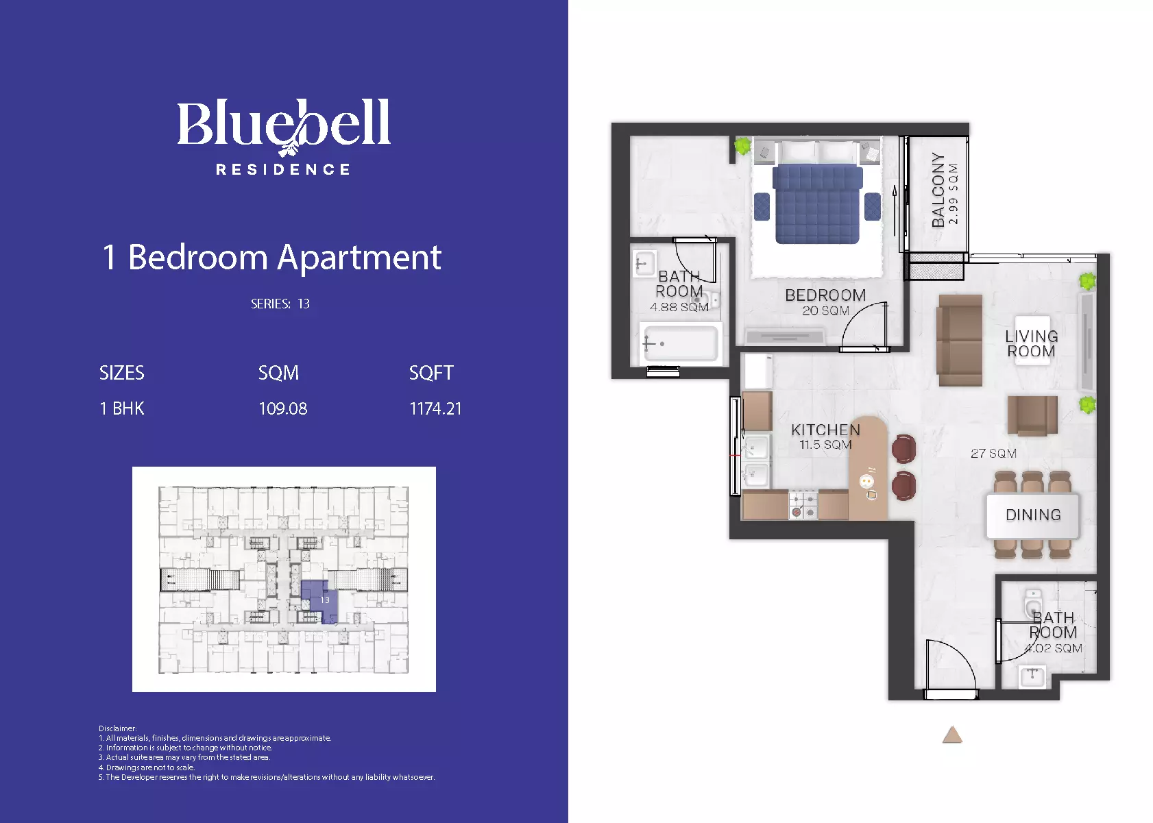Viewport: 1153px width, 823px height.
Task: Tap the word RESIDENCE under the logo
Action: coord(283,169)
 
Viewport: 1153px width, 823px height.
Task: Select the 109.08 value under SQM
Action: coord(282,408)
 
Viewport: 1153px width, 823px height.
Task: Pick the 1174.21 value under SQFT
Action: coord(435,408)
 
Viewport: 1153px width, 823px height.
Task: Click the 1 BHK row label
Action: coord(122,408)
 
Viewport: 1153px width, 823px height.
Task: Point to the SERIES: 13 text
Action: coord(280,304)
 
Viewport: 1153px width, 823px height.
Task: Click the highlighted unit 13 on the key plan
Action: coord(320,601)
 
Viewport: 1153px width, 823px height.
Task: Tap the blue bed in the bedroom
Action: coord(817,204)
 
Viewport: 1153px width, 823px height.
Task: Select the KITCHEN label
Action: coord(825,430)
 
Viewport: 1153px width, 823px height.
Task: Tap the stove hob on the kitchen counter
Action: coord(803,506)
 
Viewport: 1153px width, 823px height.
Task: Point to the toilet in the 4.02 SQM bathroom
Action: coord(1032,603)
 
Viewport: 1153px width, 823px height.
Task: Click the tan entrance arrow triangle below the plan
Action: coord(952,735)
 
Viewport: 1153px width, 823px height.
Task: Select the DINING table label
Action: coord(1033,515)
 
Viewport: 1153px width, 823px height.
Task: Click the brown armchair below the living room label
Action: coord(1032,415)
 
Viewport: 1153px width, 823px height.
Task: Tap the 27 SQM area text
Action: coord(993,454)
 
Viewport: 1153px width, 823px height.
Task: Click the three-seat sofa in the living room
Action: coord(960,340)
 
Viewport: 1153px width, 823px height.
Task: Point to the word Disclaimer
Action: coord(117,728)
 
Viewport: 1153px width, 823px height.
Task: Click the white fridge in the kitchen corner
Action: coord(757,371)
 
